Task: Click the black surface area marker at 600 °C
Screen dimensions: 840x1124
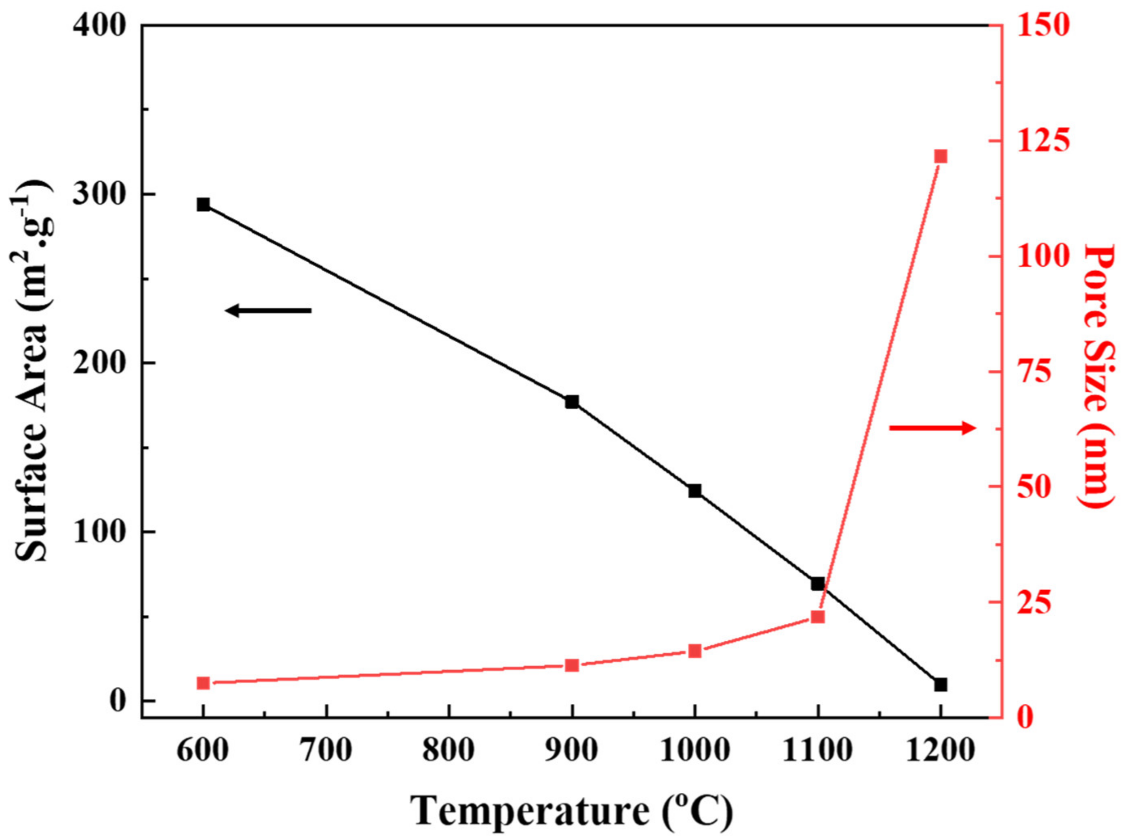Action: pos(203,205)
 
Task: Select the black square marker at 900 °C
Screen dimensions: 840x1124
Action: pos(572,402)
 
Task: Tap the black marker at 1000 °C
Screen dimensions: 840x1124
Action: pos(695,491)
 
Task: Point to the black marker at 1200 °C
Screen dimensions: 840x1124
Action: pos(941,684)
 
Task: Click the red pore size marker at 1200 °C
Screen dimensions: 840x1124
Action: pos(941,156)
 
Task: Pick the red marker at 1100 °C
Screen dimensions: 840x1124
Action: pos(818,617)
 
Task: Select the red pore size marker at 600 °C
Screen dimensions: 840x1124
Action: pos(203,683)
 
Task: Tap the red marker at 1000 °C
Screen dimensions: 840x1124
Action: pos(695,651)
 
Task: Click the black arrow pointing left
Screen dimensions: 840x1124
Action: pos(268,310)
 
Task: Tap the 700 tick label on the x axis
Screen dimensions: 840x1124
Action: pos(326,751)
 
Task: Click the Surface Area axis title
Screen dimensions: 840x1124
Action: pos(33,371)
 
